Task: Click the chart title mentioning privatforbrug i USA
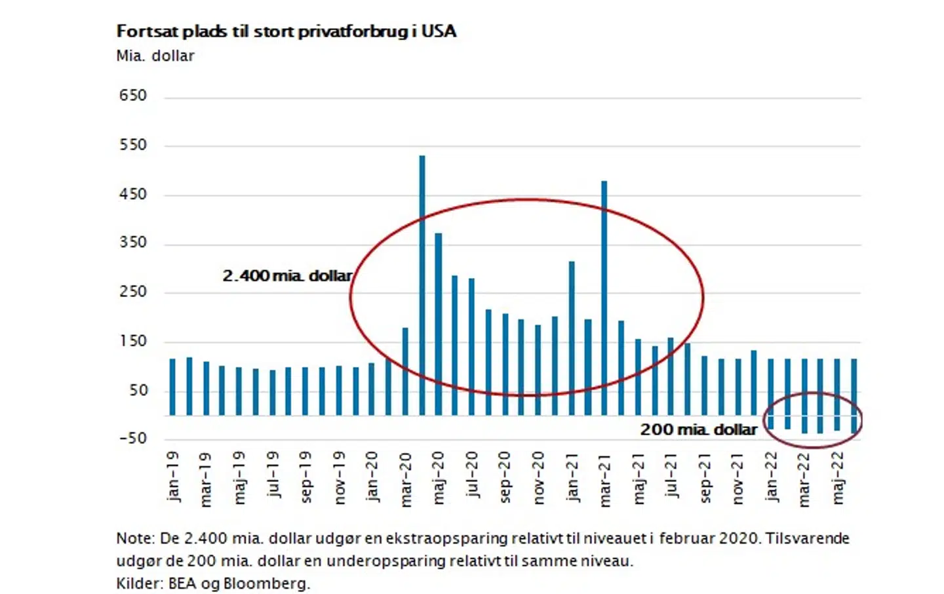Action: [286, 31]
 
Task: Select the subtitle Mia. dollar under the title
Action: [155, 56]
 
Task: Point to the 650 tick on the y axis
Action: [133, 96]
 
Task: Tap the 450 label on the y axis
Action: [133, 195]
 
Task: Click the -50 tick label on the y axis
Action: [133, 439]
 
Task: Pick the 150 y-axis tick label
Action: [133, 342]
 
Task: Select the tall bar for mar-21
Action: [604, 295]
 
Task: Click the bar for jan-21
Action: [572, 334]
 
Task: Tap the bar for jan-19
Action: [172, 387]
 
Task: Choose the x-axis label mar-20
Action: [406, 479]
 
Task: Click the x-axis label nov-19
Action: [339, 478]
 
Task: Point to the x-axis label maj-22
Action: [838, 478]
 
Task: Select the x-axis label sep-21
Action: [705, 478]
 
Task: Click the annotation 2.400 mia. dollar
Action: [287, 276]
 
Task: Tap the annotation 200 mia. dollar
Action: [698, 430]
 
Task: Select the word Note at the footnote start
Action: [134, 539]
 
